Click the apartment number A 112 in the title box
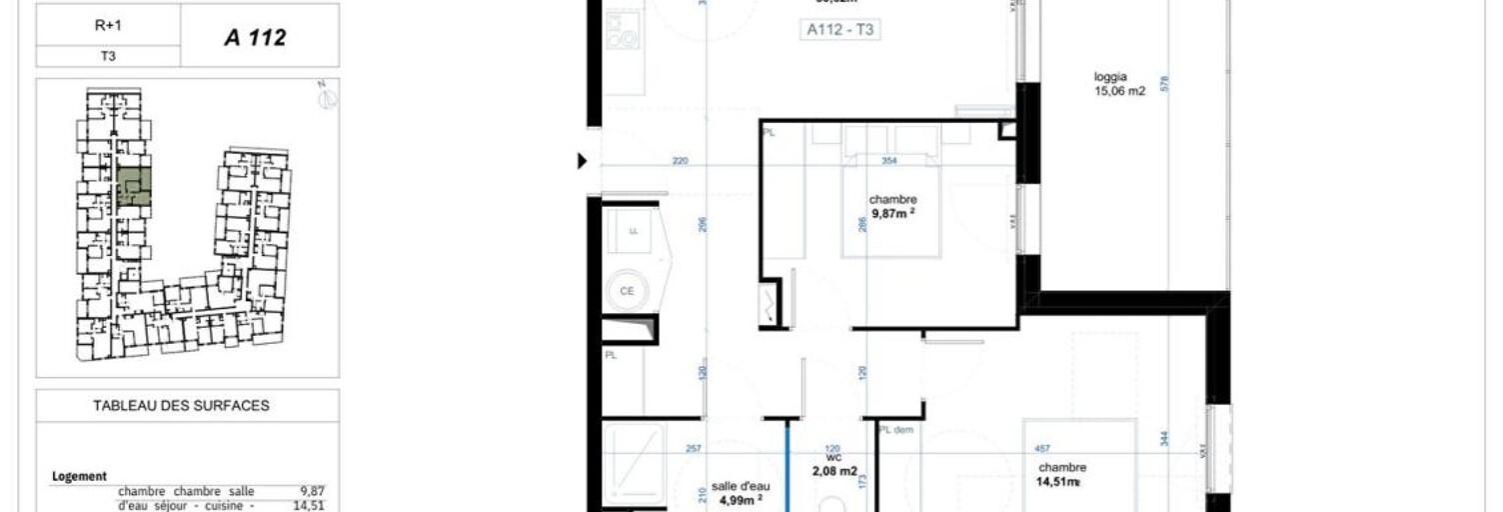pos(255,38)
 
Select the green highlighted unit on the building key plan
pos(133,187)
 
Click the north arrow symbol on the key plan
pos(327,96)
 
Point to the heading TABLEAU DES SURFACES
pos(181,406)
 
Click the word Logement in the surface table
pos(79,477)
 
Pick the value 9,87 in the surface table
pos(313,491)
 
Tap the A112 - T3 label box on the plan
pos(840,30)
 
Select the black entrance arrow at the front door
pos(583,160)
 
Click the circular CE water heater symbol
pos(628,291)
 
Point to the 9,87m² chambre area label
pos(892,213)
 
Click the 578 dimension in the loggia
pos(1163,85)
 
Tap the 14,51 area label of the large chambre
pos(1059,482)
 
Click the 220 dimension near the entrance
pos(680,161)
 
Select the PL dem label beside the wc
pos(897,430)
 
